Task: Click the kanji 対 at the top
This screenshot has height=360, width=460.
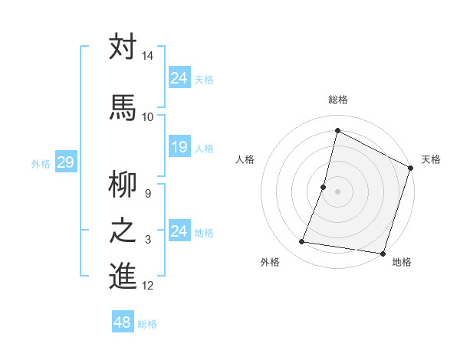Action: (123, 47)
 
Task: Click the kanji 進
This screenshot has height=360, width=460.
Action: (123, 276)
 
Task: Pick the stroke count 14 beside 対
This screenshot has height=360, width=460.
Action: (148, 57)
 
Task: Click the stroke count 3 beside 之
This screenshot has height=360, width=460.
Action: (148, 240)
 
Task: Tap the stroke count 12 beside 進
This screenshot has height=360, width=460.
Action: (148, 286)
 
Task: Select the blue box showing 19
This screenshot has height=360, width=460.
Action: (179, 147)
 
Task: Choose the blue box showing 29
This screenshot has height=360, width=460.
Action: (65, 162)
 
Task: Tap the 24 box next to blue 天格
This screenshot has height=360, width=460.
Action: (179, 78)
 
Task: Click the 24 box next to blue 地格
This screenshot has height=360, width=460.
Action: (179, 231)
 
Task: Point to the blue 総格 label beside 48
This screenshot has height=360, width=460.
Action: (147, 325)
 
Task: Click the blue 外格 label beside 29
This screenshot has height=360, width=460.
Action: (41, 164)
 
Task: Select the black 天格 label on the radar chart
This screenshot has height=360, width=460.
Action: (431, 159)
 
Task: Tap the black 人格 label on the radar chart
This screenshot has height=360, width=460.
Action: (245, 159)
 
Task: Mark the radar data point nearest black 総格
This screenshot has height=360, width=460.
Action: (337, 131)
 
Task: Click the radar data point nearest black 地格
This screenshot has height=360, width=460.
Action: (382, 253)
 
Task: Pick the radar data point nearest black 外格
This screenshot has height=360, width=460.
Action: (302, 242)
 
